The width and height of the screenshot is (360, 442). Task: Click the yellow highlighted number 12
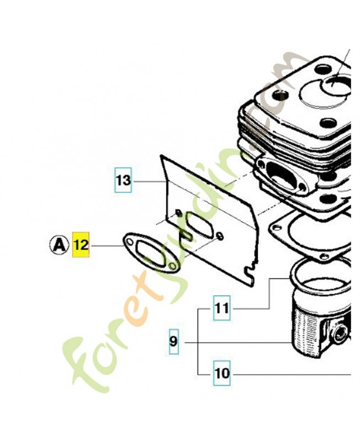pos(81,245)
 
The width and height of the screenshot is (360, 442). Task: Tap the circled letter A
pos(59,245)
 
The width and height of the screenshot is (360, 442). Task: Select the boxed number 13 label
pos(123,180)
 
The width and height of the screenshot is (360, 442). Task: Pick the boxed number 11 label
pos(222,308)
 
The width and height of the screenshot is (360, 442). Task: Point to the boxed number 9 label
pos(173,341)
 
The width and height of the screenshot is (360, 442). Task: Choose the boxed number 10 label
pos(222,373)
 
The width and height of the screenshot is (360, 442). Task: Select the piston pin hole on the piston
pos(340,332)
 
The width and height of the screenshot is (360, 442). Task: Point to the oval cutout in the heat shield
pos(199,225)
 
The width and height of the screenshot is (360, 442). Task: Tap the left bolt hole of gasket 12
pos(129,242)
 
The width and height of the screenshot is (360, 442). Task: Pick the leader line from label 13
pos(148,181)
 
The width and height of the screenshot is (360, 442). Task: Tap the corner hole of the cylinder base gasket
pos(278,228)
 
